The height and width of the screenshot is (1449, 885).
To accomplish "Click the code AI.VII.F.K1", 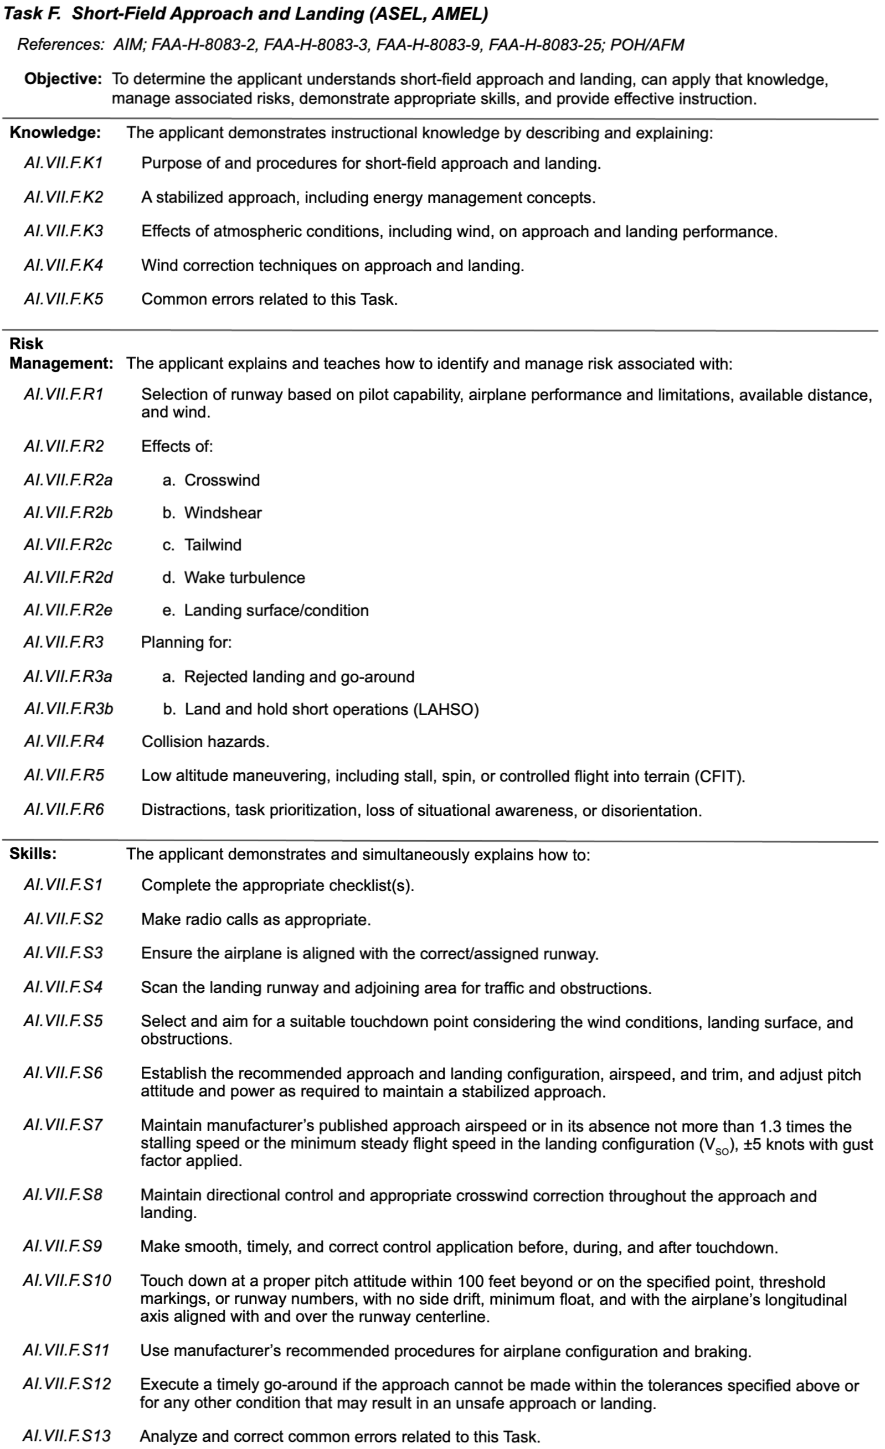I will coord(64,163).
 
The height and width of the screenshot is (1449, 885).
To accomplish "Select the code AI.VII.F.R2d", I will coord(68,577).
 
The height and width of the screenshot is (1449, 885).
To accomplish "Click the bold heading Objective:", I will coord(64,79).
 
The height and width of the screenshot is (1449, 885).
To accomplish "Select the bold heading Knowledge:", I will coord(55,133).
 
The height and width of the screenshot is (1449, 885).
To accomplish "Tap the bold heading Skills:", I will coord(33,854).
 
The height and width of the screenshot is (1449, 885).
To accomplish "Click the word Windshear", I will coord(223,513).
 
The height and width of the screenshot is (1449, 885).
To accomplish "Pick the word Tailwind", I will coord(213,545).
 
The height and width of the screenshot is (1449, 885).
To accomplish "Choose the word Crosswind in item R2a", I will coord(222,480).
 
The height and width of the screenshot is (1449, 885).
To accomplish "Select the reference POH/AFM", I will coord(647,45).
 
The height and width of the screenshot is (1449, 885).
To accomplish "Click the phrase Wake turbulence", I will coord(245,577).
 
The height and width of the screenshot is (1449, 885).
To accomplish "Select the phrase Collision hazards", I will coord(205,742).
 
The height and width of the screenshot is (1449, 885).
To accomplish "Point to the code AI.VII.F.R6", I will coord(64,810).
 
